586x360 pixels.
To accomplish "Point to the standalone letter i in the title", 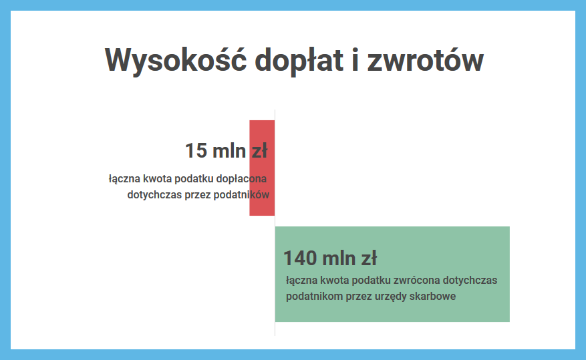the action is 355,59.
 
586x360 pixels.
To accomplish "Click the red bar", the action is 262,168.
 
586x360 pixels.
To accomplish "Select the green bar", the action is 392,274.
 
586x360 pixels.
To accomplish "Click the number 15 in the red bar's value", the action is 196,151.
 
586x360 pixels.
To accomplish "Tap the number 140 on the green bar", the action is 300,258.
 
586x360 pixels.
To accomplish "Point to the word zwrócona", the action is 418,280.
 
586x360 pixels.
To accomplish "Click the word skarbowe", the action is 433,296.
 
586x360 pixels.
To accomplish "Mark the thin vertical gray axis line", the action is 275,222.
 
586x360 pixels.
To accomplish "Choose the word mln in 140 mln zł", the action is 339,258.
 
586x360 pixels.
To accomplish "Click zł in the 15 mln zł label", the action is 259,151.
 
